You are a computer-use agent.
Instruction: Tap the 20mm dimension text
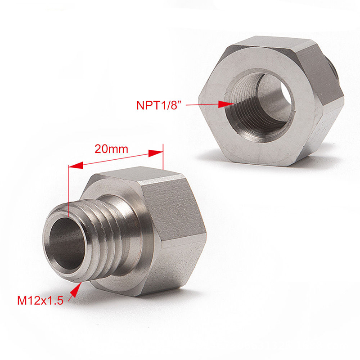point(111,148)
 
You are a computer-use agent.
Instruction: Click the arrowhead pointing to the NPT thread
point(225,104)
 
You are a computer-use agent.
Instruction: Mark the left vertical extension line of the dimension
point(68,189)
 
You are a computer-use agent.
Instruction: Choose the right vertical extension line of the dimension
point(163,157)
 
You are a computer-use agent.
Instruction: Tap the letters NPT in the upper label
point(146,105)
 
